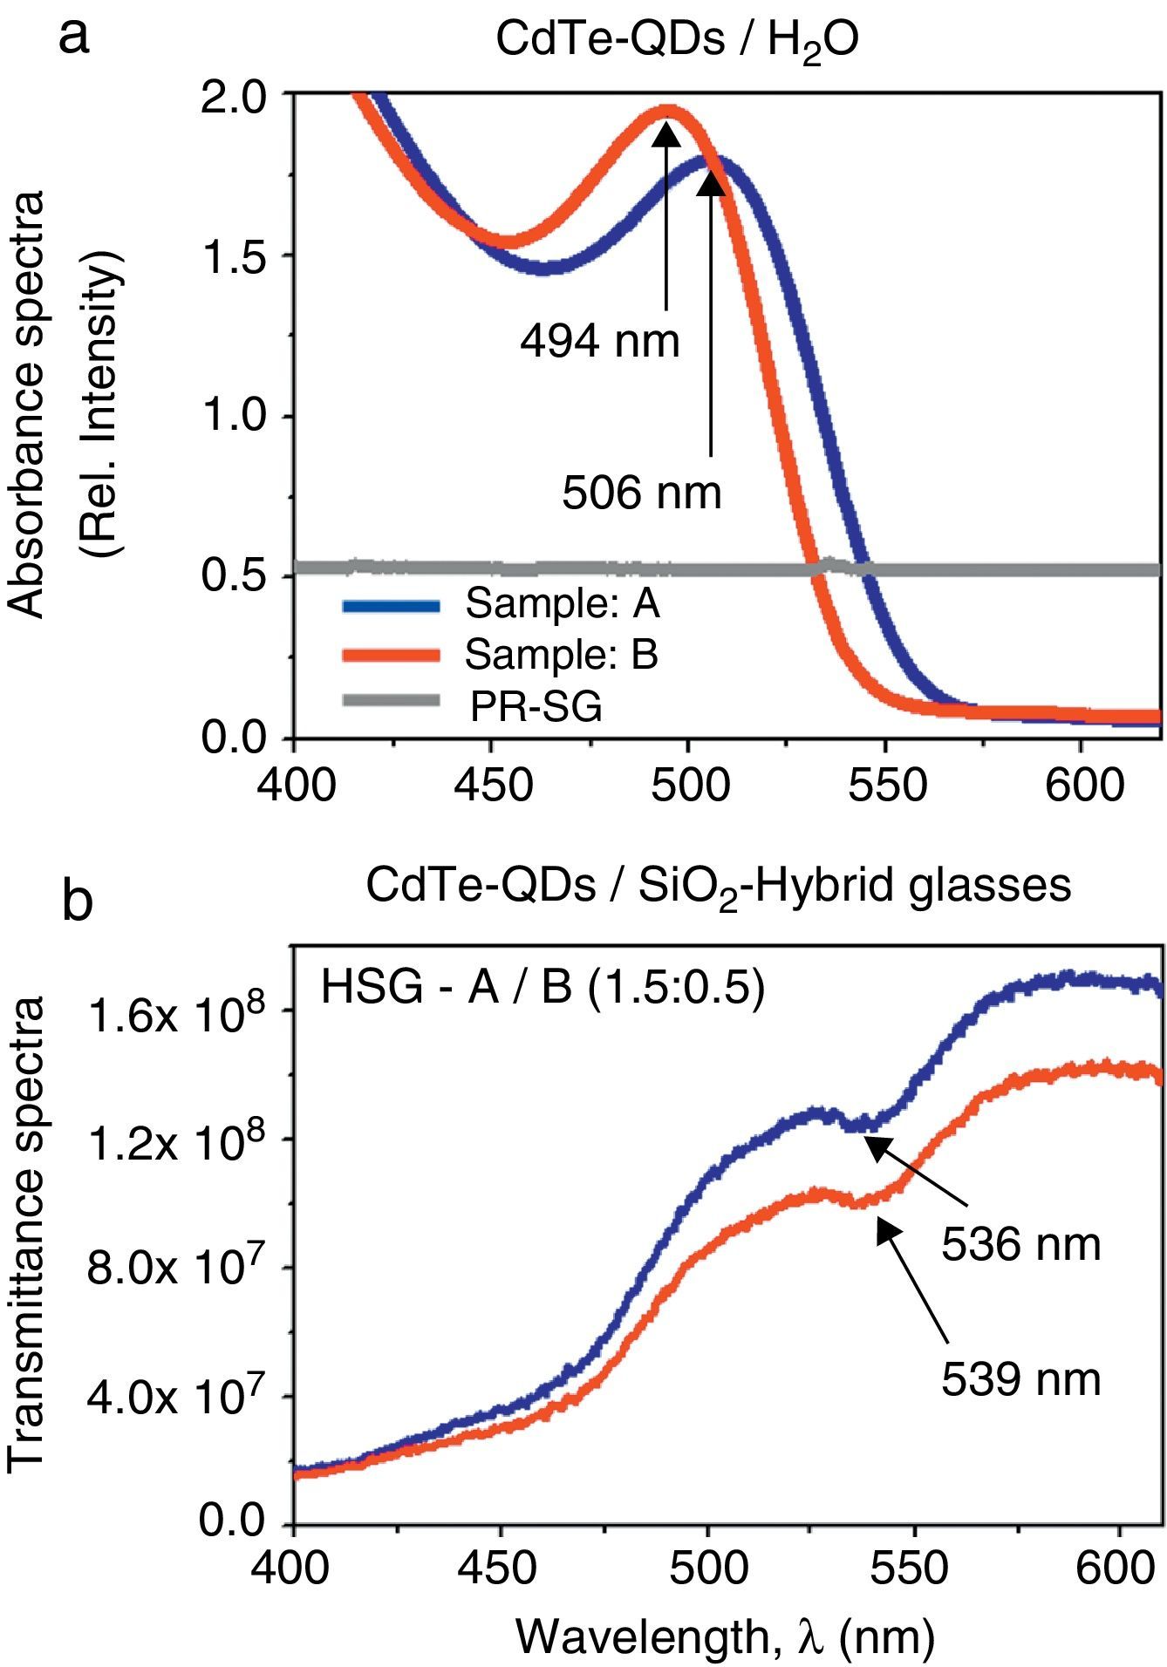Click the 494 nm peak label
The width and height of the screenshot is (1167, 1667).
click(x=599, y=341)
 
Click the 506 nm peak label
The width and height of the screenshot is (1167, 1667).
click(x=642, y=493)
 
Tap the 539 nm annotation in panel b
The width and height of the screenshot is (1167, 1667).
click(x=1020, y=1379)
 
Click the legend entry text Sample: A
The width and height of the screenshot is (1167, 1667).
click(x=563, y=603)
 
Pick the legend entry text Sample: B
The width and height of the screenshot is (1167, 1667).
click(x=561, y=654)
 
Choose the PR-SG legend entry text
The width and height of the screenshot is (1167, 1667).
click(x=536, y=706)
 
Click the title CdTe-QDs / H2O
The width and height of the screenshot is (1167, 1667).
click(x=677, y=41)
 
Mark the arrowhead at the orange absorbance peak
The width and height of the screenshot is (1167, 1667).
click(x=667, y=132)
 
